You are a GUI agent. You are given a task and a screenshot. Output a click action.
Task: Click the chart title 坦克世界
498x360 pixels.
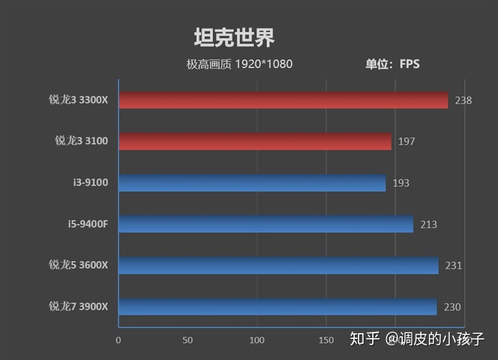(234, 38)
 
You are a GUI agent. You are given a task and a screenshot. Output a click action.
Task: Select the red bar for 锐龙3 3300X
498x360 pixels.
(283, 100)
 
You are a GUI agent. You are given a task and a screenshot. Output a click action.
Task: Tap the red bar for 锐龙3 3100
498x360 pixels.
(255, 141)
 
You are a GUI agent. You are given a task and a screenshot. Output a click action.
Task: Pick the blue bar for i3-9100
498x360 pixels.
(252, 183)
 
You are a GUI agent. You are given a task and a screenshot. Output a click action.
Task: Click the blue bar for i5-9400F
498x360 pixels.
(266, 224)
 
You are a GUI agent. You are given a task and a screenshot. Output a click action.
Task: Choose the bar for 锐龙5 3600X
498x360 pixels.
(278, 265)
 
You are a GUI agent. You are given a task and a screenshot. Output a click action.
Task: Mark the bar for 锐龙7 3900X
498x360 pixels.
(278, 306)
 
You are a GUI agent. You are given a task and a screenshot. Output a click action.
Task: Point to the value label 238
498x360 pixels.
(463, 100)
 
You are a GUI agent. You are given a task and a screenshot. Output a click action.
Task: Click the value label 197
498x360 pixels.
(406, 141)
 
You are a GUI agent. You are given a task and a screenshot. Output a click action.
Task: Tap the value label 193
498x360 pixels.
(401, 183)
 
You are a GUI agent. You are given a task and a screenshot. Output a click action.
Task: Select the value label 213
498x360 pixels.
(428, 224)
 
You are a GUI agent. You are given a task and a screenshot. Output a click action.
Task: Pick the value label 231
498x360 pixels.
(453, 266)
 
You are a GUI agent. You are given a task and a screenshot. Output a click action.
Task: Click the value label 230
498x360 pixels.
(453, 307)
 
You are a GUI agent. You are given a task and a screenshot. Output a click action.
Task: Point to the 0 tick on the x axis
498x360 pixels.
(118, 340)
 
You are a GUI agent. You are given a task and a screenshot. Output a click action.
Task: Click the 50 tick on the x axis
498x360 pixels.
(187, 340)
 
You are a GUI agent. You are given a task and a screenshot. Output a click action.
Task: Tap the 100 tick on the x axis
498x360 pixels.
(256, 340)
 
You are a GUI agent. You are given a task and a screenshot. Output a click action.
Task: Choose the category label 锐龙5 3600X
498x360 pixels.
(78, 265)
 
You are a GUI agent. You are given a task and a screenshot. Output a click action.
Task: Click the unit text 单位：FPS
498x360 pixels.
(392, 64)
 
